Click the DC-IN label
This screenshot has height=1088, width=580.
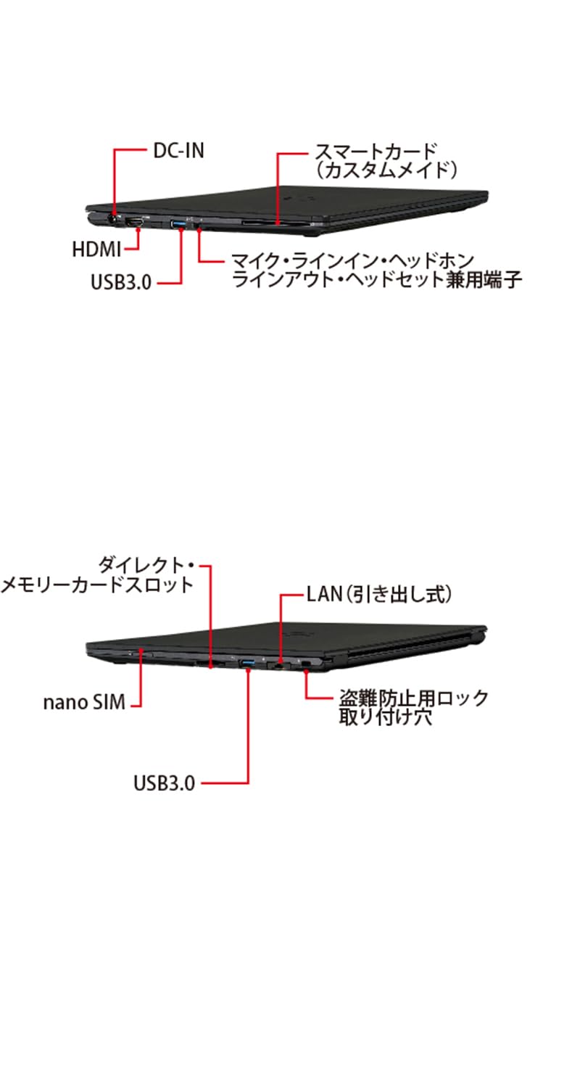pos(178,151)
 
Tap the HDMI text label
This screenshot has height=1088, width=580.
pos(96,249)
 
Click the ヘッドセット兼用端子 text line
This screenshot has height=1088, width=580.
pos(376,280)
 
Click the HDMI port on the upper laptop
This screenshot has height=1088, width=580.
pos(136,221)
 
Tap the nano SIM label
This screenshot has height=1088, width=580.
pos(84,702)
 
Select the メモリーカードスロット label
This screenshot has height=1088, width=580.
pos(97,585)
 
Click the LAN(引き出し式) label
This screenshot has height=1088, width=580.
pos(379,595)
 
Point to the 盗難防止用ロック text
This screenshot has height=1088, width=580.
pos(414,698)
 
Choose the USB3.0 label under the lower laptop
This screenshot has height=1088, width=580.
pos(164,783)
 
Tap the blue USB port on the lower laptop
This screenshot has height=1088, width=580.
pos(247,662)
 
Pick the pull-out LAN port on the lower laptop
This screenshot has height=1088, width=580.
pos(280,663)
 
